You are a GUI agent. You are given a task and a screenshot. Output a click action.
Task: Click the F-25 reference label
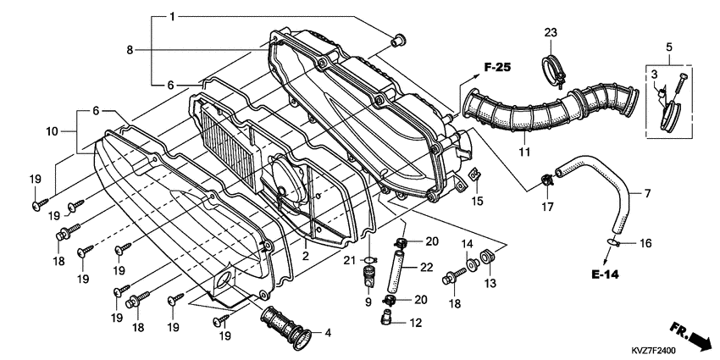(500, 67)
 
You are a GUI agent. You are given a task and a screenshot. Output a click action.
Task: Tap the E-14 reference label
(607, 275)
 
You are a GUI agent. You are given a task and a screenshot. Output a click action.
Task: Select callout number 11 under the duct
(525, 152)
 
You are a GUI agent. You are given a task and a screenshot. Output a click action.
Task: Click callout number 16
(645, 243)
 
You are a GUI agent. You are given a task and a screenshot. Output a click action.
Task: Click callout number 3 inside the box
(654, 77)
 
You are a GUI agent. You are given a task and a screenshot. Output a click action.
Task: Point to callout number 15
(477, 201)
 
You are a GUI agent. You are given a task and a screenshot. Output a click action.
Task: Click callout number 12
(415, 323)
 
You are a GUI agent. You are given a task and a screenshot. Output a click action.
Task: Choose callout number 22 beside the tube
(427, 268)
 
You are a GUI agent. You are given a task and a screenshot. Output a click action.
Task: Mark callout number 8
(130, 50)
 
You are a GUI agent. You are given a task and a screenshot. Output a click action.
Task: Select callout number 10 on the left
(51, 131)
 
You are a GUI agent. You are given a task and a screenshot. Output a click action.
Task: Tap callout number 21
(349, 259)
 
